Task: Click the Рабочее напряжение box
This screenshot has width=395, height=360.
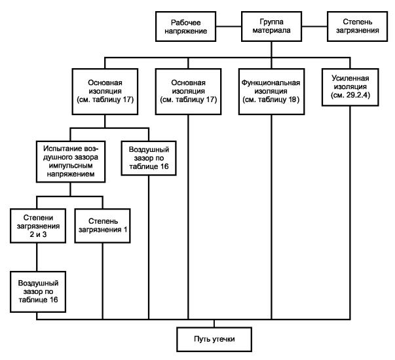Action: pyautogui.click(x=185, y=26)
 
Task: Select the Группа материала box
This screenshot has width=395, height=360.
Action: pyautogui.click(x=271, y=26)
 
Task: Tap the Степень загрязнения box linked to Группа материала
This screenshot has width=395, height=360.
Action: pyautogui.click(x=357, y=26)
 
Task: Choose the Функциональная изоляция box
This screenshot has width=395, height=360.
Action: pyautogui.click(x=271, y=92)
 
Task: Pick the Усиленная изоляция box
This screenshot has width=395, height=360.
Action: pyautogui.click(x=350, y=87)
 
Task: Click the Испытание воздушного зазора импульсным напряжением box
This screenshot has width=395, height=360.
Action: pyautogui.click(x=71, y=162)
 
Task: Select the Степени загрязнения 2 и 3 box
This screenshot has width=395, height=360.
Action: pyautogui.click(x=38, y=226)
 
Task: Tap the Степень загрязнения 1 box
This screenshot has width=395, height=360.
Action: pyautogui.click(x=103, y=226)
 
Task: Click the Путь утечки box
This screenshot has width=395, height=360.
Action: pyautogui.click(x=214, y=339)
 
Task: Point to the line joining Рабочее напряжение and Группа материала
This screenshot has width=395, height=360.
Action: pyautogui.click(x=229, y=26)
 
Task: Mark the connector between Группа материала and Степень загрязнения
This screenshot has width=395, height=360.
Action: pyautogui.click(x=314, y=26)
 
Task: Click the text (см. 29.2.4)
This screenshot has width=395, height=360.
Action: pyautogui.click(x=350, y=95)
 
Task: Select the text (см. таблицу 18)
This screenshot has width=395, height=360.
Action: pyautogui.click(x=271, y=99)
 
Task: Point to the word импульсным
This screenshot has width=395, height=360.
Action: pyautogui.click(x=71, y=166)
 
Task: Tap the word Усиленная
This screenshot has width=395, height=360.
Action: pyautogui.click(x=350, y=79)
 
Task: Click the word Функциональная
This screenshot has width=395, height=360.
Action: pyautogui.click(x=271, y=82)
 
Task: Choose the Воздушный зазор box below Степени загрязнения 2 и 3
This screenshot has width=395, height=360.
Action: pyautogui.click(x=38, y=292)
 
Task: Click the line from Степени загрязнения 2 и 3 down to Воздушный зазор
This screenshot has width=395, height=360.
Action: pyautogui.click(x=37, y=257)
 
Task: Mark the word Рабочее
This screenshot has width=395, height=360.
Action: pyautogui.click(x=185, y=23)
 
